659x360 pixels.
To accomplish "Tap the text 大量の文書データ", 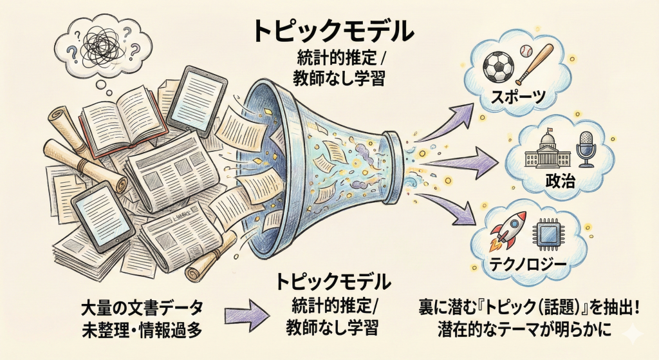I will click(x=142, y=305).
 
